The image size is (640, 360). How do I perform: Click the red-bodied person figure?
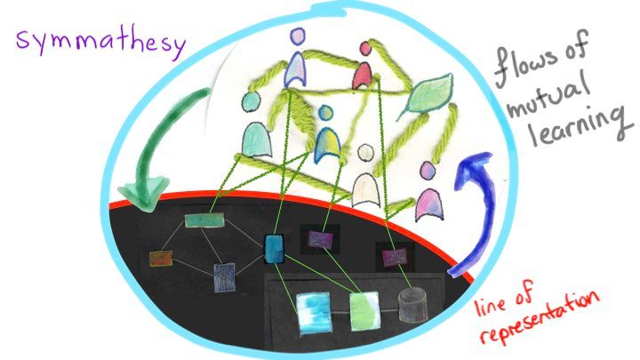pyautogui.click(x=362, y=76)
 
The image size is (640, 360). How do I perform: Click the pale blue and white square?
pyautogui.click(x=312, y=310)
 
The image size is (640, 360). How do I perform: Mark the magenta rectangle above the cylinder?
pyautogui.click(x=392, y=259)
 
